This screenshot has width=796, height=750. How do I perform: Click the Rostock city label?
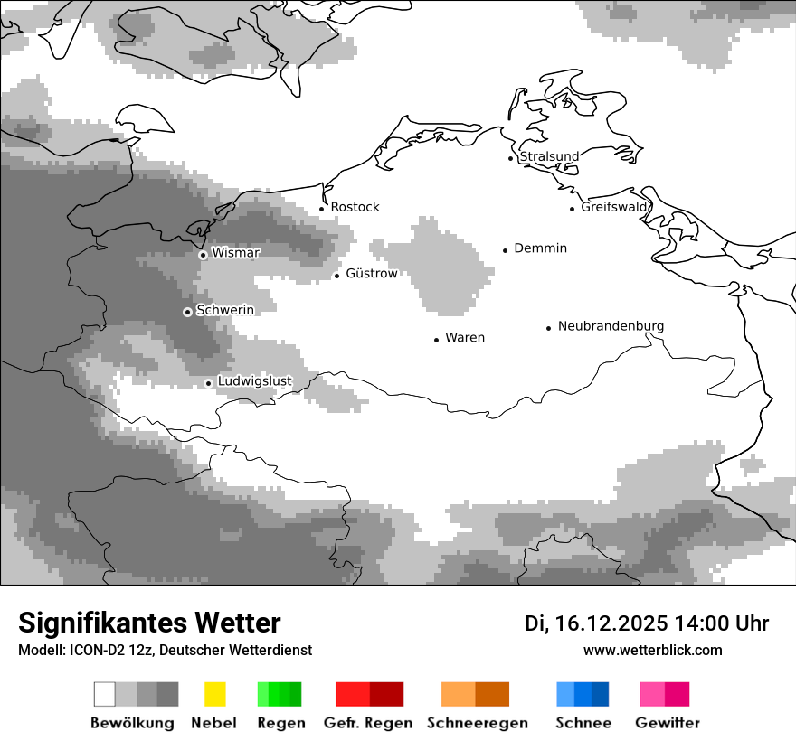click(x=355, y=207)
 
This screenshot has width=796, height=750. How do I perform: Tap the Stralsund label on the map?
click(x=549, y=156)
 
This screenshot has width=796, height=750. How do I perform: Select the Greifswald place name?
click(x=614, y=207)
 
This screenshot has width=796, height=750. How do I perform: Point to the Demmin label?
click(x=540, y=248)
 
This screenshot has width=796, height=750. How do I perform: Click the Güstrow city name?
click(x=371, y=274)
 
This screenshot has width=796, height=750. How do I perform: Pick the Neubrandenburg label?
click(x=611, y=326)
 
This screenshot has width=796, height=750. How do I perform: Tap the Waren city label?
click(x=465, y=338)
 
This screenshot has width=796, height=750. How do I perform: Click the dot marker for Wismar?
click(x=203, y=255)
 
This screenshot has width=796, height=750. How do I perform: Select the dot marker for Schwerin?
click(x=187, y=312)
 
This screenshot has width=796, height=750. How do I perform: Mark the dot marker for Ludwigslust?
click(x=208, y=383)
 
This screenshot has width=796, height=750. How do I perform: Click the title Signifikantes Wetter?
click(x=149, y=623)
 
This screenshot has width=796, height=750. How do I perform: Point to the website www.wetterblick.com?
click(x=652, y=650)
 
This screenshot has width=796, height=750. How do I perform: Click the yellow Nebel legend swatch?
click(x=214, y=694)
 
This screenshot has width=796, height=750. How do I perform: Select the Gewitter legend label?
click(x=668, y=723)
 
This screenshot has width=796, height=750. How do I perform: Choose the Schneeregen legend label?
click(x=477, y=723)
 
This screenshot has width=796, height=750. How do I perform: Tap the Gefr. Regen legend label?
click(x=368, y=723)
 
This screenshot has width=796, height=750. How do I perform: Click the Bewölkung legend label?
click(x=132, y=723)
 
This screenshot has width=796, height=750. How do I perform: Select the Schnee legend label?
click(x=583, y=723)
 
